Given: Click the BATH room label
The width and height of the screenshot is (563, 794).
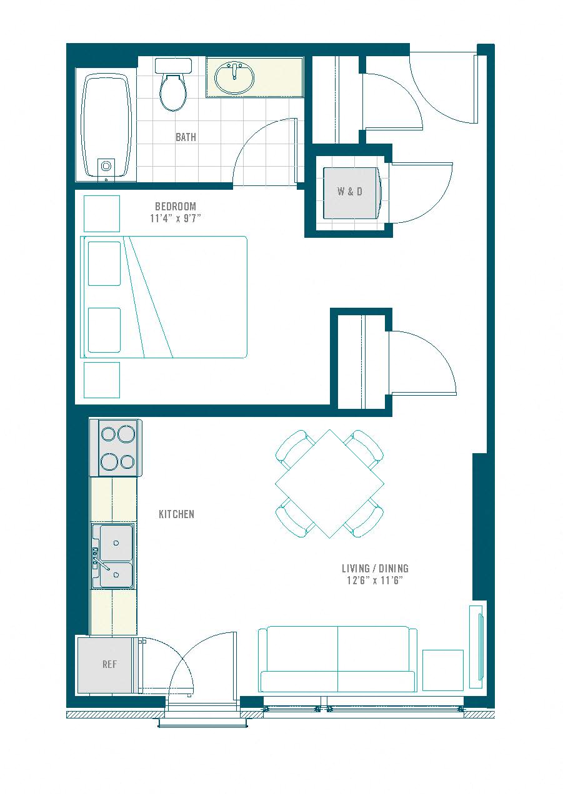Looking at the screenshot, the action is tap(186, 137).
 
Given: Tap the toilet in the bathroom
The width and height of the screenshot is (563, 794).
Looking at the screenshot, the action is tap(173, 85).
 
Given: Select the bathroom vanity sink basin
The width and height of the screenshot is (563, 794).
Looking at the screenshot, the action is tap(234, 77).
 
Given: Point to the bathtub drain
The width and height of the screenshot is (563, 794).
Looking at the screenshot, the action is tap(106, 166).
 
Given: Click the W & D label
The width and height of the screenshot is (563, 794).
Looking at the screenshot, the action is tap(350, 192).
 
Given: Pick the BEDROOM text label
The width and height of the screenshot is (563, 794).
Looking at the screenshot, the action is tap(175, 206).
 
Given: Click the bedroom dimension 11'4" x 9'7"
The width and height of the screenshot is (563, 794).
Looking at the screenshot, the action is tap(175, 218).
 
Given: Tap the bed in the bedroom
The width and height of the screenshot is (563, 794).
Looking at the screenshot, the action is tap(164, 297).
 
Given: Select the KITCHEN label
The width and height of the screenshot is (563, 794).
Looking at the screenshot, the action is tap(176, 514).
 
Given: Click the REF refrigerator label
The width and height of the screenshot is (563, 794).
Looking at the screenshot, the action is tap(109, 664).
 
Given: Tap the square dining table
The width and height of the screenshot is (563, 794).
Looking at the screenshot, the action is tap(329, 484).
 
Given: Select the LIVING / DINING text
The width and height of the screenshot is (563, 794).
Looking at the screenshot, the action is tap(375, 569).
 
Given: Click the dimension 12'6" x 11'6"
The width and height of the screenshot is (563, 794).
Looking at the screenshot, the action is tap(375, 581).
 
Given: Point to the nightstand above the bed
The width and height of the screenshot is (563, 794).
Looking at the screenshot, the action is tap(102, 213).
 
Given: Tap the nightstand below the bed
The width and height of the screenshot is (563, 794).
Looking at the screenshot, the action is tap(102, 380).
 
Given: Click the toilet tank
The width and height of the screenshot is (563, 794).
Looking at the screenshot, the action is tap(173, 66).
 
